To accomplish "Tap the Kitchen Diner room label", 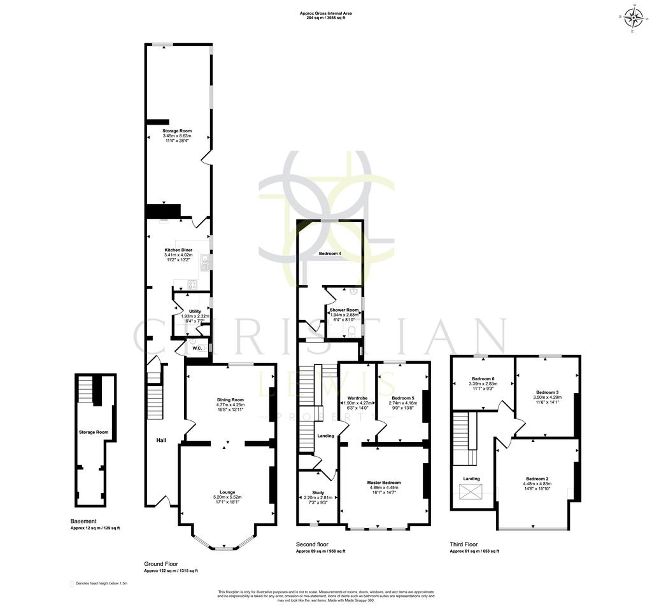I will (x=178, y=251).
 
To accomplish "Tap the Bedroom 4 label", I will (x=330, y=254).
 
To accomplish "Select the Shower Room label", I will (x=344, y=310).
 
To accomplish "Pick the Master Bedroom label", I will (x=384, y=483).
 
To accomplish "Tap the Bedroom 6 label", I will (x=482, y=378).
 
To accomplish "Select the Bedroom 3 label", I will (x=548, y=392).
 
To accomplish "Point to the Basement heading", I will (x=83, y=522).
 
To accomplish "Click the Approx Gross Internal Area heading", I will (x=325, y=13).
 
